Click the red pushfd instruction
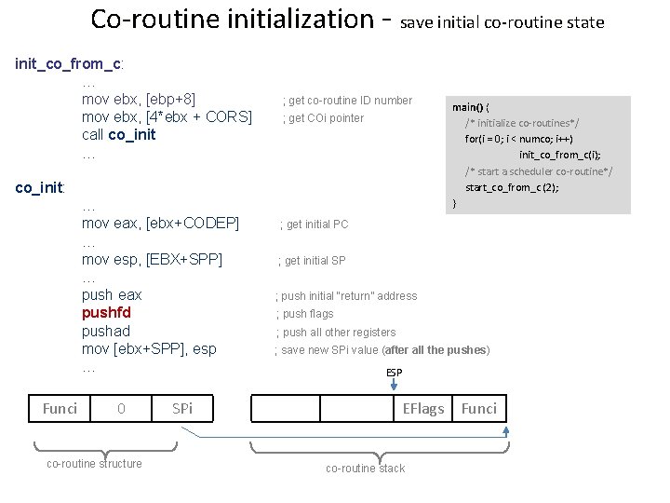(106, 313)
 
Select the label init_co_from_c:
(71, 63)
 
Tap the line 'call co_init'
(119, 135)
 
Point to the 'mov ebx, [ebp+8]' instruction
(139, 100)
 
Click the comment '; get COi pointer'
(323, 118)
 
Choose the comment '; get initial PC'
(315, 224)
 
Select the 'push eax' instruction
(113, 295)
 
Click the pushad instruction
(106, 331)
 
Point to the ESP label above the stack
(395, 373)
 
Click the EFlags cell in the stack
(423, 408)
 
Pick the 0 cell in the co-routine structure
(121, 408)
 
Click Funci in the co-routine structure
(60, 408)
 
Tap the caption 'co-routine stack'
(365, 469)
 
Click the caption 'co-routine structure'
(94, 464)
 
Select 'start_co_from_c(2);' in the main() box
(512, 187)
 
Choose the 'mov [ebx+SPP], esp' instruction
(149, 348)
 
